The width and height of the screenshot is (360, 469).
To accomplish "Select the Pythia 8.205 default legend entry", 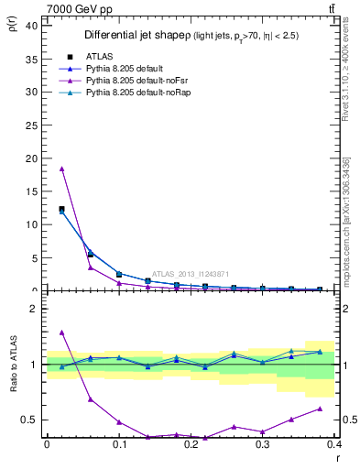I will [121, 69].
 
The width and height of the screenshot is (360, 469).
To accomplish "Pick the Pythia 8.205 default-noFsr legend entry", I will [129, 82].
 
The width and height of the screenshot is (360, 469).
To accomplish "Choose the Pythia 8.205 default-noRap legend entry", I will [130, 93].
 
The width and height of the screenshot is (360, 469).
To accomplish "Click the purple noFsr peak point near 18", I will [61, 169].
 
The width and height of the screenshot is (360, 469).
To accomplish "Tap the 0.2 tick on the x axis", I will [191, 444].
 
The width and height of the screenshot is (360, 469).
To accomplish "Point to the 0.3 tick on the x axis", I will [263, 444].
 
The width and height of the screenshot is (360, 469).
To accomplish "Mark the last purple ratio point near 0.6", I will [320, 409].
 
